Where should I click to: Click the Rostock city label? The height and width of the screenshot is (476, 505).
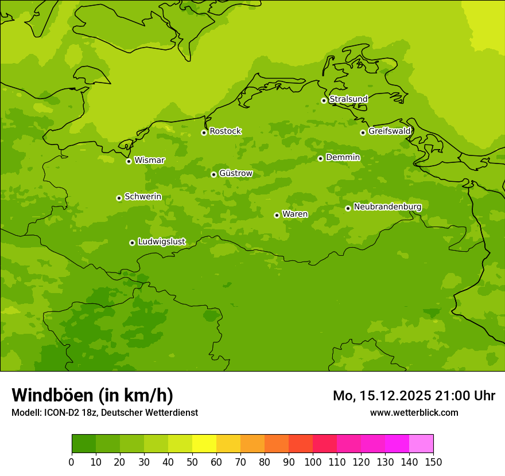tap(225, 131)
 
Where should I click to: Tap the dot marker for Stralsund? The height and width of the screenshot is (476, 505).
tap(324, 100)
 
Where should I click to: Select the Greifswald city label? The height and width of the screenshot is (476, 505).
tap(389, 131)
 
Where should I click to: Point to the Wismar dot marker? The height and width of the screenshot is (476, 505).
tap(129, 161)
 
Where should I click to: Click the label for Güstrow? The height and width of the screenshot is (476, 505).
tap(235, 174)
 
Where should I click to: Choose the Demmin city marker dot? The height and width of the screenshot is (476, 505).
tap(320, 158)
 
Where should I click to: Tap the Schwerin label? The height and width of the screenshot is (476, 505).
tap(143, 197)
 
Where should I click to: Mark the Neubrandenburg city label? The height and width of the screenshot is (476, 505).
tap(387, 207)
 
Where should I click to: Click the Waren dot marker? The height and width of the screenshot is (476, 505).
tap(277, 215)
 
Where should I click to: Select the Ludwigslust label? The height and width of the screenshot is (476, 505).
tap(161, 242)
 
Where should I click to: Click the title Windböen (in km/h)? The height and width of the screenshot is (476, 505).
tap(92, 395)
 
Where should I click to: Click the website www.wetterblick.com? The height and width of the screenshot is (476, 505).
tap(414, 412)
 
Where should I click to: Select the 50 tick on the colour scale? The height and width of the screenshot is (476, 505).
tap(192, 462)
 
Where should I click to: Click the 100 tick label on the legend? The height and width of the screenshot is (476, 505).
tap(313, 462)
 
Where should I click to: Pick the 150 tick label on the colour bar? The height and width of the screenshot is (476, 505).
tap(433, 462)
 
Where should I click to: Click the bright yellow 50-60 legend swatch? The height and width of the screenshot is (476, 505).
tap(204, 444)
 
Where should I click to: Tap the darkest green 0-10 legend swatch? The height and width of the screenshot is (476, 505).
tap(84, 444)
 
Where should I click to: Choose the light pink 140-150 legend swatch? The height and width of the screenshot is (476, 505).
tap(421, 444)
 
